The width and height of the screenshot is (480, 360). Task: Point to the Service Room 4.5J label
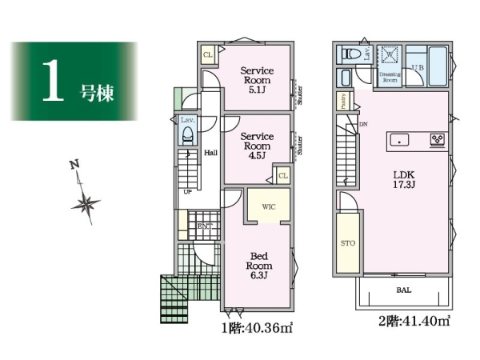tap(258, 142)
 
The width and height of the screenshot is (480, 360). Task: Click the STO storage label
tap(349, 242)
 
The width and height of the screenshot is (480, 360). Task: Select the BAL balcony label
tap(403, 291)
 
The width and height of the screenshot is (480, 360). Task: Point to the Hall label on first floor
tap(210, 153)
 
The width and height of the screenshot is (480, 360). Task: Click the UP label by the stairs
tap(188, 192)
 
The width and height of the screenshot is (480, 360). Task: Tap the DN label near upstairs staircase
tap(363, 125)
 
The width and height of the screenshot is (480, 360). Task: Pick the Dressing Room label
tap(390, 77)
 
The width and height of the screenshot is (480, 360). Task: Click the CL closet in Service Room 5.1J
tap(207, 54)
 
